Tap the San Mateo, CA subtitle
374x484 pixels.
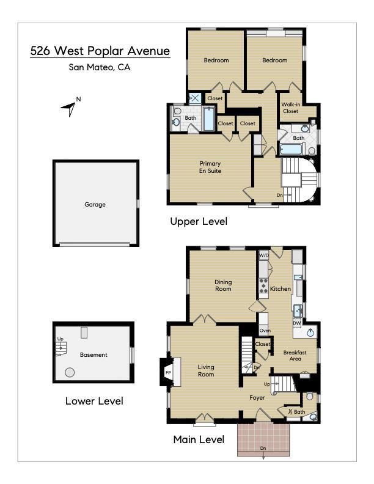(100, 68)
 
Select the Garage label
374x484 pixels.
(95, 205)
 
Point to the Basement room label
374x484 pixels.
(94, 354)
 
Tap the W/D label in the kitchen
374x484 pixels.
(264, 255)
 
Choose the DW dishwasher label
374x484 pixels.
(297, 323)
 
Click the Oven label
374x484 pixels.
(265, 331)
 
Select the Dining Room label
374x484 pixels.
(222, 285)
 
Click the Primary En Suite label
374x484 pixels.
(210, 167)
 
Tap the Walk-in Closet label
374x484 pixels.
(290, 108)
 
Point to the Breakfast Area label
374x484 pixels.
(295, 356)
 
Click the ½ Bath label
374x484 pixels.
(296, 412)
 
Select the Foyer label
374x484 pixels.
(257, 397)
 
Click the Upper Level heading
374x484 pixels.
(199, 222)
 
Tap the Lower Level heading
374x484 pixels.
(94, 402)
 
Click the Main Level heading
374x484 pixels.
(199, 439)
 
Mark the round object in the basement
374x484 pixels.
(70, 372)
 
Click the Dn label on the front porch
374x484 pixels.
(263, 449)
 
